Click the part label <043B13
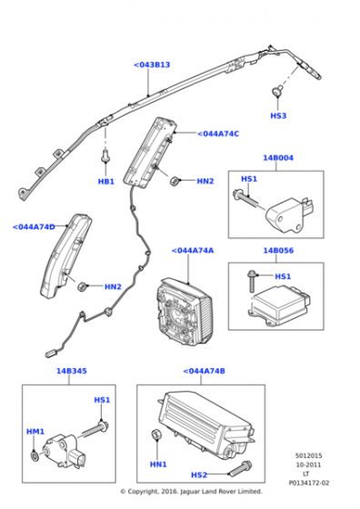[x=152, y=65]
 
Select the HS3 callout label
[x=278, y=116]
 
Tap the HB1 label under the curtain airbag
[x=106, y=182]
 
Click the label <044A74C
[x=218, y=134]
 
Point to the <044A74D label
[x=34, y=227]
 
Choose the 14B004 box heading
[x=278, y=158]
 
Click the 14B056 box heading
[x=278, y=251]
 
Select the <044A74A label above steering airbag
[x=193, y=251]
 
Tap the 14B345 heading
[x=72, y=371]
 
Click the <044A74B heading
[x=204, y=371]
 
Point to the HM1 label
[x=35, y=432]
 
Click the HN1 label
[x=158, y=464]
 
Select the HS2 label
[x=199, y=475]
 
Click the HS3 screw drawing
[x=277, y=91]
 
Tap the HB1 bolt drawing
[x=105, y=155]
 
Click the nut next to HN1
[x=155, y=434]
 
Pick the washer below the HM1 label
[x=35, y=455]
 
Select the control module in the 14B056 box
[x=280, y=304]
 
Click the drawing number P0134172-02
[x=309, y=483]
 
